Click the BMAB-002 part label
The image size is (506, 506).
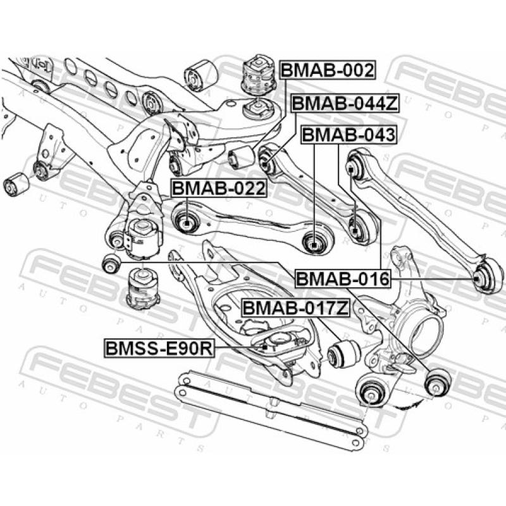click(x=327, y=70)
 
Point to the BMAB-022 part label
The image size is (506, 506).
click(x=218, y=188)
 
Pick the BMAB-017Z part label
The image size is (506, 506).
click(x=295, y=309)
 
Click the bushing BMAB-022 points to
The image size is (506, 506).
click(x=187, y=222)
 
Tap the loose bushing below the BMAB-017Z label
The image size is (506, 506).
click(x=345, y=352)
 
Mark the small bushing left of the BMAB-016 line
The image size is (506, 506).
click(x=112, y=262)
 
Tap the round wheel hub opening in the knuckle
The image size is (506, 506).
click(x=425, y=330)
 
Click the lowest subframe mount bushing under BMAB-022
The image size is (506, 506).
click(x=142, y=288)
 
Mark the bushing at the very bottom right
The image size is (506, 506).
click(x=437, y=383)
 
